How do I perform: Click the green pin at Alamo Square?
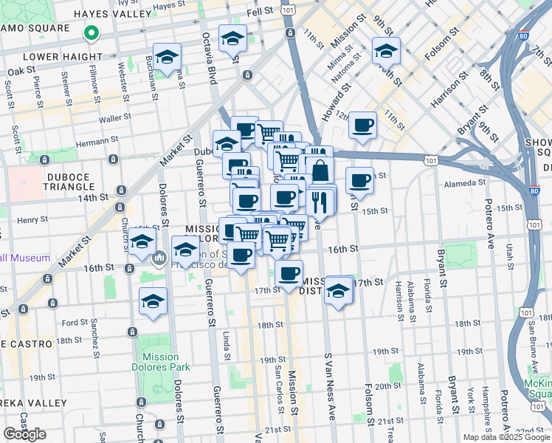92,32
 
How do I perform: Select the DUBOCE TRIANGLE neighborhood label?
45,183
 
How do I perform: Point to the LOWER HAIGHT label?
63,57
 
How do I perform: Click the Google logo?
24,434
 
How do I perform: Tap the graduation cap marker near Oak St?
168,57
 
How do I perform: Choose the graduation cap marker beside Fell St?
233,38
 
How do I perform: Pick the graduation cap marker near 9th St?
386,51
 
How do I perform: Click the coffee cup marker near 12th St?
362,126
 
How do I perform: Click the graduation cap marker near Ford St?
153,302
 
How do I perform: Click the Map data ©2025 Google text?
506,436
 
